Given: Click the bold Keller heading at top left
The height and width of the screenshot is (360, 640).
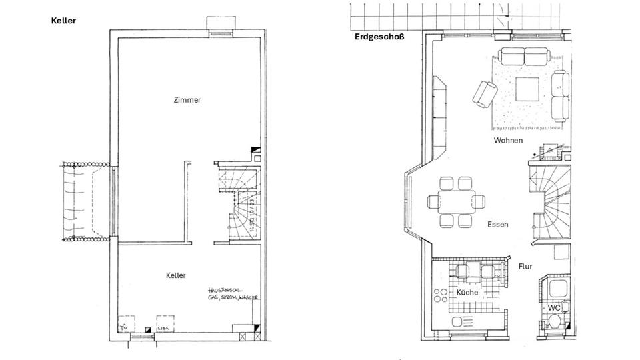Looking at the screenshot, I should click(64, 21).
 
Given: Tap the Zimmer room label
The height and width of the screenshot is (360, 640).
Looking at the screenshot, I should click(187, 100).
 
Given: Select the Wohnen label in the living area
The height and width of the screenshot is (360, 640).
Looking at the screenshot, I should click(508, 141).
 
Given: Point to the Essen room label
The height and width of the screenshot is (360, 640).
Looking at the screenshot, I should click(497, 225).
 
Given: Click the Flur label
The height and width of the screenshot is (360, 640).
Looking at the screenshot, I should click(525, 267).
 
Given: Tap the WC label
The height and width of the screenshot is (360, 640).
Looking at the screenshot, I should click(553, 308).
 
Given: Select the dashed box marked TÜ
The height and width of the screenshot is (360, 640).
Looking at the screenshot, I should click(125, 325).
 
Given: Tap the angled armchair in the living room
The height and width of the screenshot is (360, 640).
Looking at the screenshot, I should click(485, 93).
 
